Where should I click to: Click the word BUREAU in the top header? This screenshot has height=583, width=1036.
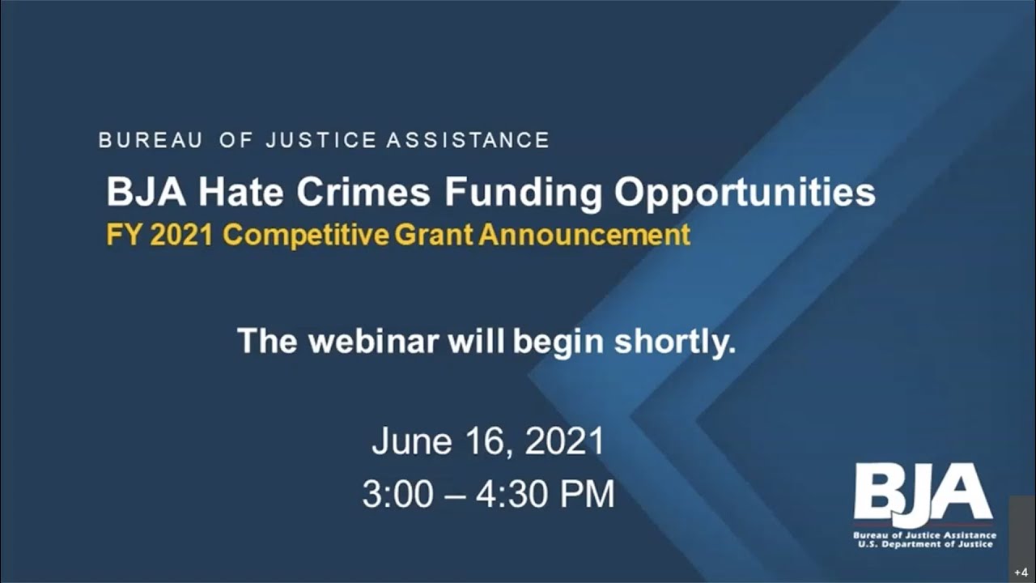coord(151,140)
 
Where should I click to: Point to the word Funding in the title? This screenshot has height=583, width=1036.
coord(523,193)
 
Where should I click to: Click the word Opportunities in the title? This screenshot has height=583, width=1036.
coord(745,193)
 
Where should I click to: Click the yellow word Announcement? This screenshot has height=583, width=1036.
coord(584,235)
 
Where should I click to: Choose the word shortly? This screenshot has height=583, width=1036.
coord(674,341)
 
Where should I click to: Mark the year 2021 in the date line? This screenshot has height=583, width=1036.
coord(564,442)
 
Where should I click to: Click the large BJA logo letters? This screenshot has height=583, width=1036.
coord(923,494)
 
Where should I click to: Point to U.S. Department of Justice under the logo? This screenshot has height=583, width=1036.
coord(925,544)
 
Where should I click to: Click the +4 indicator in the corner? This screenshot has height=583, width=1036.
coord(1021,572)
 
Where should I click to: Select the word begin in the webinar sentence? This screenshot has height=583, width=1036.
coord(558,341)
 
